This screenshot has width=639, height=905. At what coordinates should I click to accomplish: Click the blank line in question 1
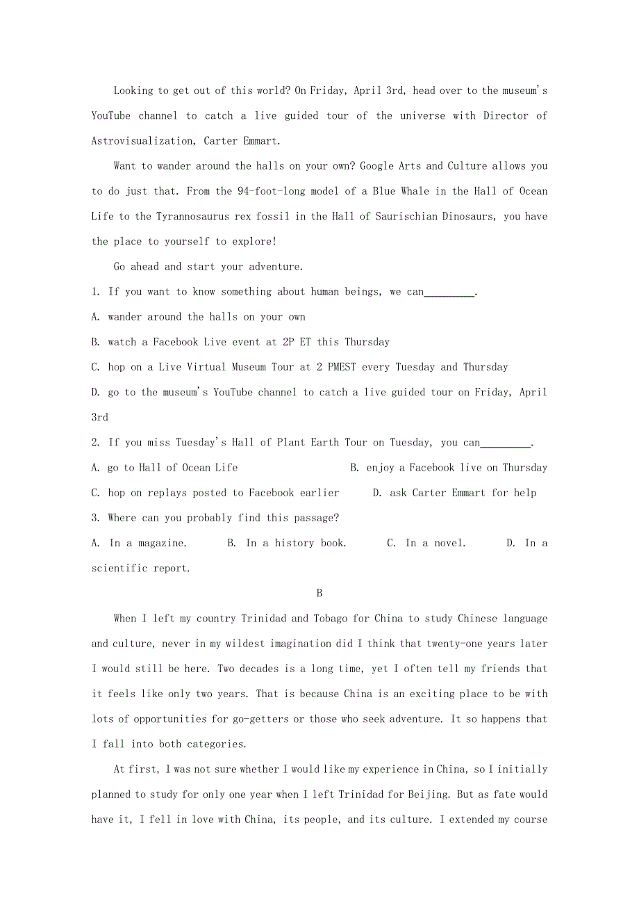[x=449, y=293]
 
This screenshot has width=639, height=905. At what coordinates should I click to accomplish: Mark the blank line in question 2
[x=506, y=443]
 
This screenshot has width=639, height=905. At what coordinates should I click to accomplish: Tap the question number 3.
[x=94, y=518]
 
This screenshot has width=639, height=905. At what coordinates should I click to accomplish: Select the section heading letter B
[x=319, y=594]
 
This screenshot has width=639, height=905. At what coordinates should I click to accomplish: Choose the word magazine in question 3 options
[x=161, y=543]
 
